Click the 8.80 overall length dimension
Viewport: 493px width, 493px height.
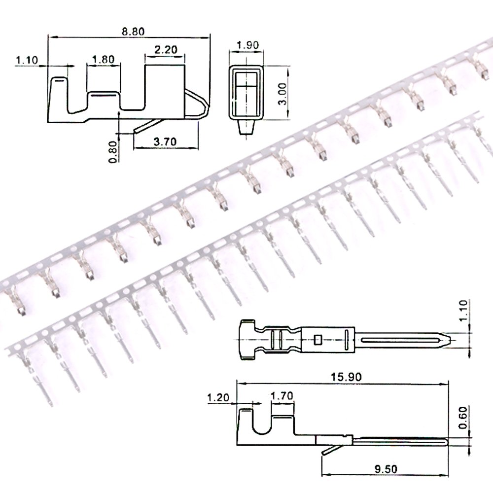coord(133,32)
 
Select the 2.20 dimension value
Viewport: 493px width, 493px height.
coord(166,49)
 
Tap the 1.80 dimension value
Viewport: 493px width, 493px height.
coord(103,59)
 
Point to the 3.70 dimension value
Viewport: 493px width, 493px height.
coord(165,141)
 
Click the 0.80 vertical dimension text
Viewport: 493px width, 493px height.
coord(112,152)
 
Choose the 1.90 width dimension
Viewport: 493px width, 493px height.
coord(248,45)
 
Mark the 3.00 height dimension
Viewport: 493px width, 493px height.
coord(282,94)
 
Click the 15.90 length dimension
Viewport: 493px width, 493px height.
coord(346,377)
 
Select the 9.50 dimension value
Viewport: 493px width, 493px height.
coord(386,469)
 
